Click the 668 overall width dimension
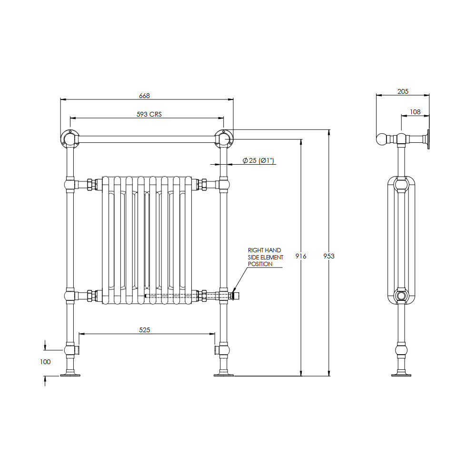click(145, 96)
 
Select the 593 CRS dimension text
click(149, 114)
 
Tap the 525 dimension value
click(145, 330)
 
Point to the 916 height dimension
click(301, 256)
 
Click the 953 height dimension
click(329, 256)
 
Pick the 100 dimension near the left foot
click(45, 362)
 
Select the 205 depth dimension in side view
click(403, 91)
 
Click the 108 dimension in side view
click(415, 112)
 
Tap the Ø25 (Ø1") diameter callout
click(258, 160)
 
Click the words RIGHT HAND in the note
click(264, 250)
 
